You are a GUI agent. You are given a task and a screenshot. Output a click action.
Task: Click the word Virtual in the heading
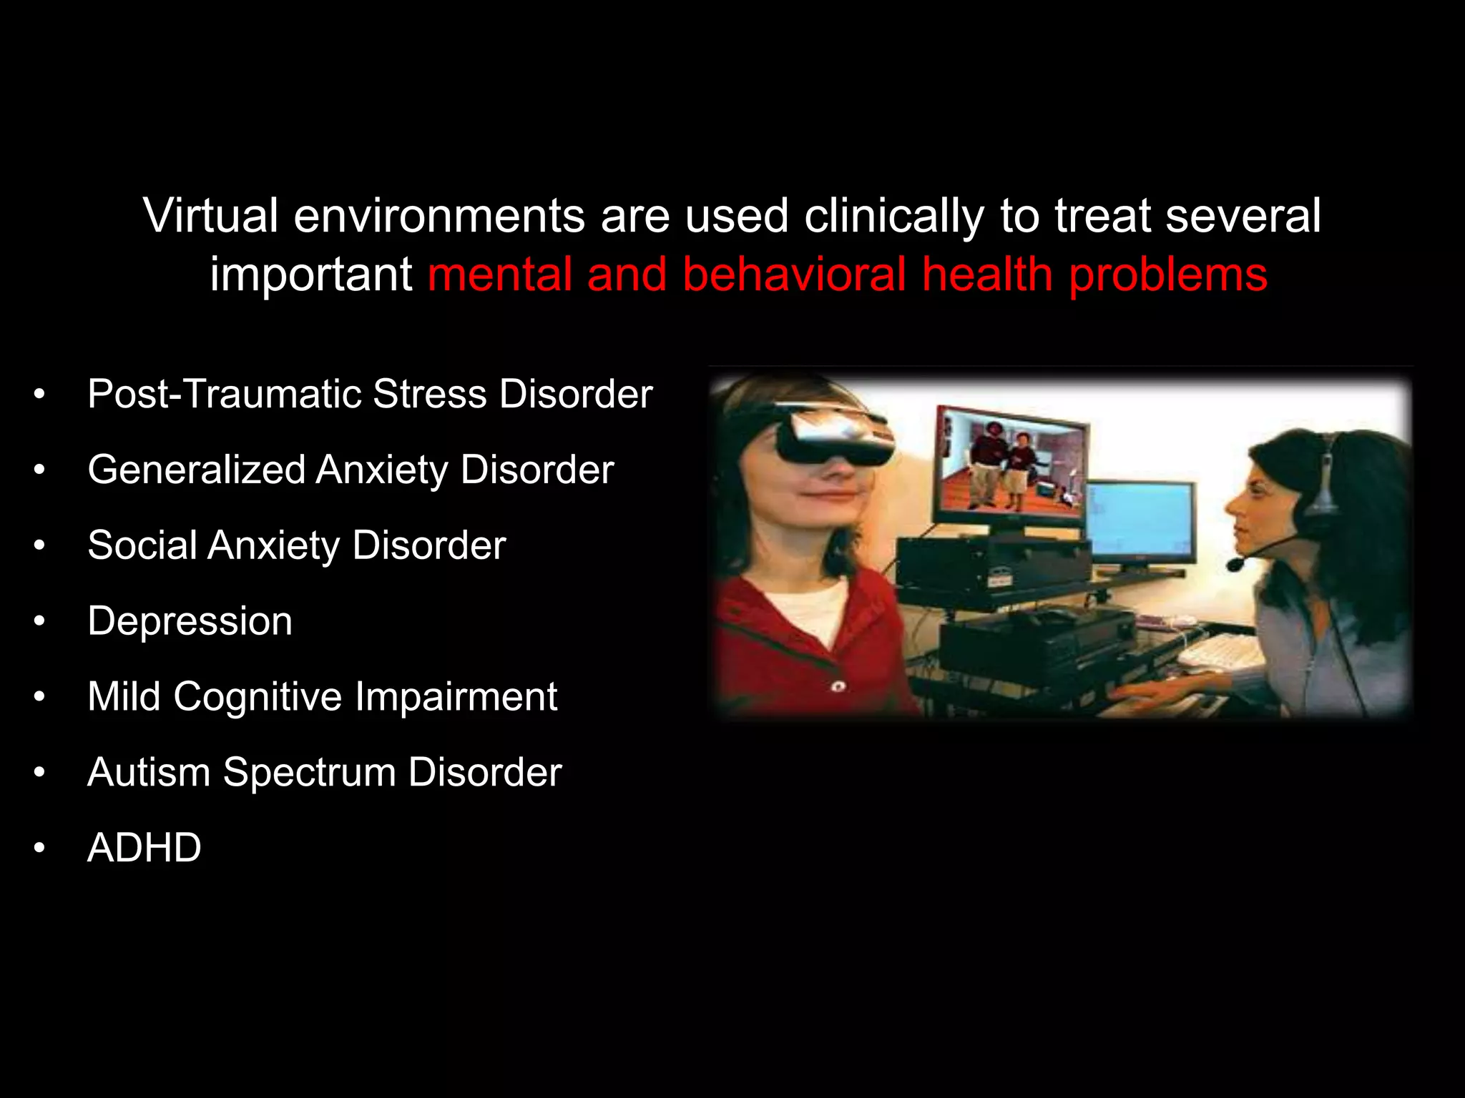(x=210, y=215)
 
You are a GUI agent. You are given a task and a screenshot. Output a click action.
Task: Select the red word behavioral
(x=795, y=274)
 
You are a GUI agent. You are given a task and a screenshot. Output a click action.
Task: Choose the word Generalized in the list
(x=197, y=470)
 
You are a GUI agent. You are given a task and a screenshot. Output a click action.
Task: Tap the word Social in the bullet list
(x=142, y=545)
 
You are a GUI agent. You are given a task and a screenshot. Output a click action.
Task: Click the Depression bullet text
(x=190, y=621)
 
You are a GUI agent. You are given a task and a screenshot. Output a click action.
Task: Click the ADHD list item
(x=144, y=848)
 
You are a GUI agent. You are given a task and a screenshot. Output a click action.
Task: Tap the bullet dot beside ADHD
(x=39, y=849)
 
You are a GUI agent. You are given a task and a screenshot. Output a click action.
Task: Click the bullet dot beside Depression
(x=39, y=622)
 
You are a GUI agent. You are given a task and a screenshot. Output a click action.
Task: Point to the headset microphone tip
(x=1235, y=564)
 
